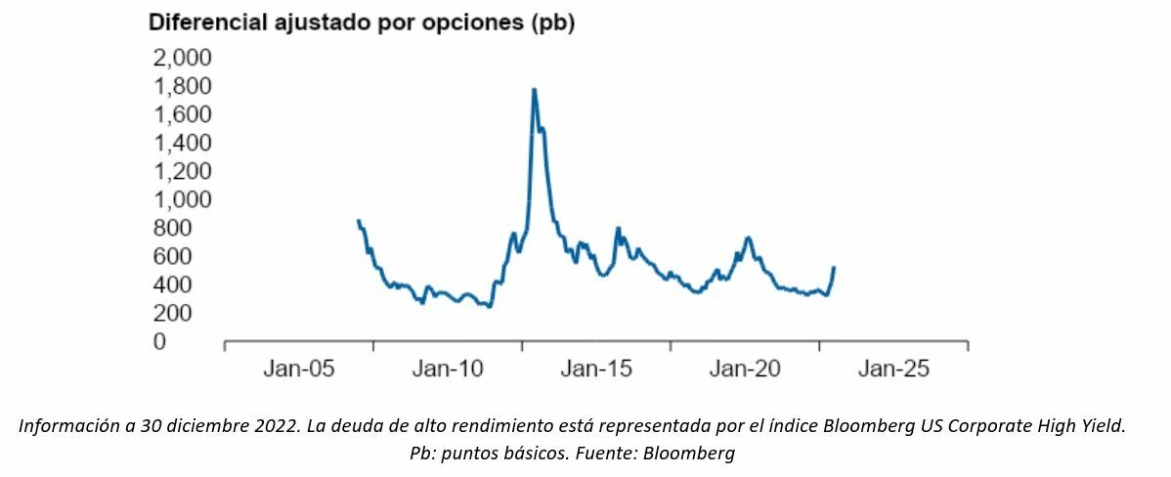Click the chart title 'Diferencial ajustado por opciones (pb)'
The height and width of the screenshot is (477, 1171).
click(x=361, y=23)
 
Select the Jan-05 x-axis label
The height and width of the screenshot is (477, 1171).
click(x=299, y=369)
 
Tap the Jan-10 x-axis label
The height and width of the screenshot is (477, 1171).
click(x=448, y=369)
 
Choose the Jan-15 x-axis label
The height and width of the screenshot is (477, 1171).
click(x=596, y=369)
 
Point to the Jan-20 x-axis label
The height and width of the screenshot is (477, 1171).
click(x=745, y=369)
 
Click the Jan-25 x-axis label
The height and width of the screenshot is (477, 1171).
click(x=893, y=369)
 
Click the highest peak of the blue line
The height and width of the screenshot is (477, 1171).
click(x=534, y=90)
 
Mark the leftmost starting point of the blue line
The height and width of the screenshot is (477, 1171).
click(x=358, y=221)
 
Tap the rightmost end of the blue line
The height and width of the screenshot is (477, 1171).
click(x=834, y=267)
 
